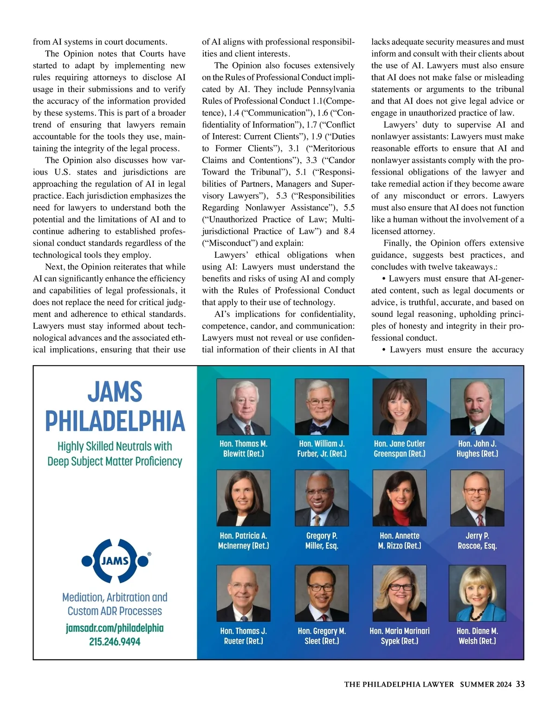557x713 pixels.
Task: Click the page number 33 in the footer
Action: (x=520, y=684)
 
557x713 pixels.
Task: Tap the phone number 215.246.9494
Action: (x=115, y=641)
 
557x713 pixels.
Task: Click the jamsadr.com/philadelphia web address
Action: (x=115, y=628)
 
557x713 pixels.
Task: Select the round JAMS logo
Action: (x=115, y=561)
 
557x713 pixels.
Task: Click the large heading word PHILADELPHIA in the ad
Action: (x=115, y=421)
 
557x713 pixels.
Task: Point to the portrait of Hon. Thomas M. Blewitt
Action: (x=243, y=407)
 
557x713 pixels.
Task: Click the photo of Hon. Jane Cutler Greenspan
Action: (x=399, y=407)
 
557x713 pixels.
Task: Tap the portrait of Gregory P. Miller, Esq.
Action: (x=322, y=498)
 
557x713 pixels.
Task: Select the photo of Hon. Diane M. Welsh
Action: (x=477, y=593)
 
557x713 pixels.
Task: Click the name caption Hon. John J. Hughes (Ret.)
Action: (x=477, y=449)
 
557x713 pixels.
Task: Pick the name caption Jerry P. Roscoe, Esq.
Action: (x=477, y=541)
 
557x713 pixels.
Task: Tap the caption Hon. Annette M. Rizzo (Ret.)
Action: (x=399, y=541)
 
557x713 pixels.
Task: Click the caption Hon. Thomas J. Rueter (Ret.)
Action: (x=243, y=636)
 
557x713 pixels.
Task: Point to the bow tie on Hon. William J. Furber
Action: (x=321, y=427)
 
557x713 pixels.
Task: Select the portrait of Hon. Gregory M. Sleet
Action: (x=322, y=593)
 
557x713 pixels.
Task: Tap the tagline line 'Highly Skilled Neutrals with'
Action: (x=115, y=446)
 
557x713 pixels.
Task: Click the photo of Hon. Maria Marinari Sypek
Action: (x=399, y=593)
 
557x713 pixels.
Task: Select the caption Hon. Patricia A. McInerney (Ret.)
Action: (x=243, y=541)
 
